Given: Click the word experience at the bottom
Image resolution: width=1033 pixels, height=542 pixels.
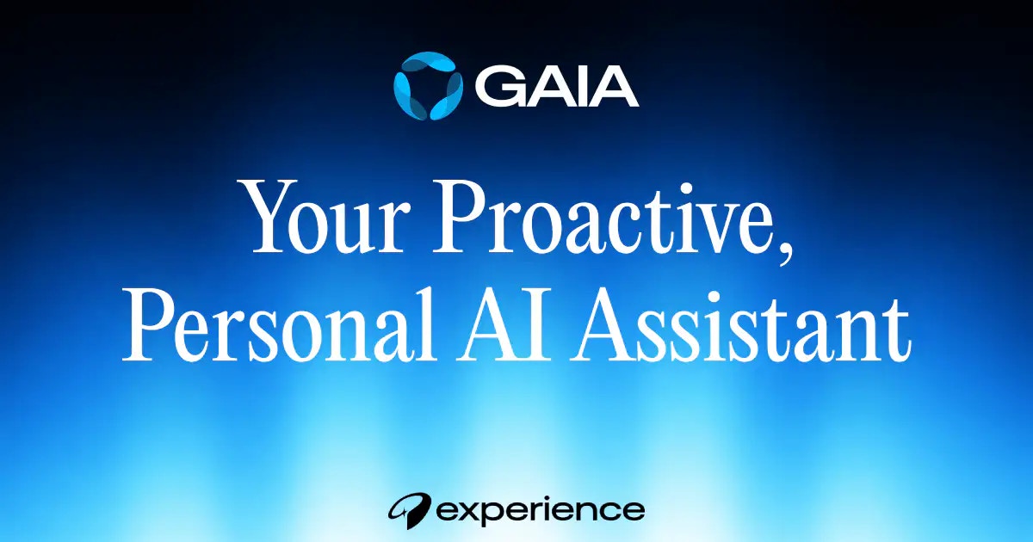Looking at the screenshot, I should tap(540, 510).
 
